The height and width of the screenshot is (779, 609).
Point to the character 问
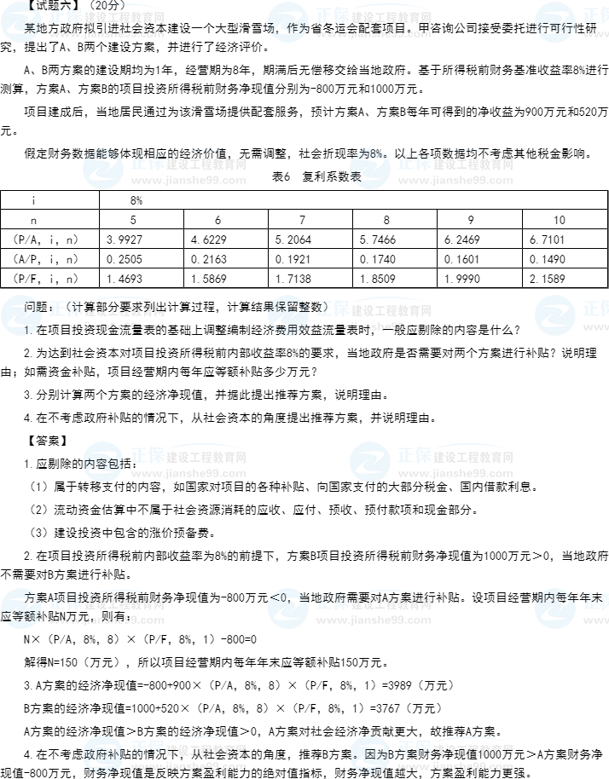tap(30, 307)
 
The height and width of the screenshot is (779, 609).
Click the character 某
tap(32, 26)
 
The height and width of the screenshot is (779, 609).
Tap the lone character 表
tap(356, 176)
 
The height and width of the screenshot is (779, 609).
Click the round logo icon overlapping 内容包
tap(103, 462)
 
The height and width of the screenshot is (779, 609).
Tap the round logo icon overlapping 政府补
tap(103, 755)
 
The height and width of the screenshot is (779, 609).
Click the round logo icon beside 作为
tap(288, 22)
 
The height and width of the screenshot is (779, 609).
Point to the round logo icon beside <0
tap(288, 609)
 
